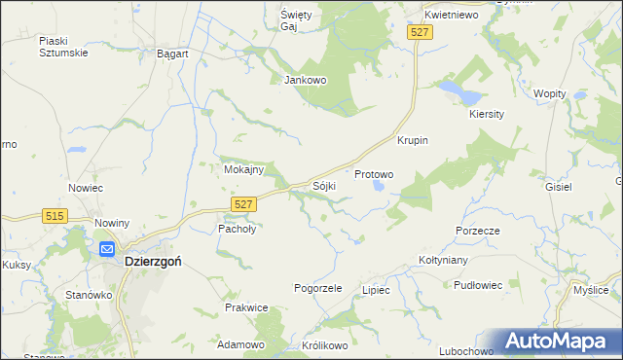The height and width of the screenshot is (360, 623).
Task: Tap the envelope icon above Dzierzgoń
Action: pos(106,249)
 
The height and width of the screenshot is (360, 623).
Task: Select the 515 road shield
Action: pos(55,215)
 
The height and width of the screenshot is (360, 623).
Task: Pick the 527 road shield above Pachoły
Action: pos(244,202)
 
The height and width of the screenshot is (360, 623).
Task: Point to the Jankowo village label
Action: pos(303,80)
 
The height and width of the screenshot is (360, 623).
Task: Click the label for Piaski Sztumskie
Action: pos(63,47)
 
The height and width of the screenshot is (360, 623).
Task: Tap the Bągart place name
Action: pos(172,54)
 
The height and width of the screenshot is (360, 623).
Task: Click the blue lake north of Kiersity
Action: pos(459,93)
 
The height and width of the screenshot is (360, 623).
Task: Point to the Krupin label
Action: pos(413,140)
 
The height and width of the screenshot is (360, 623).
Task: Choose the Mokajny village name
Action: pos(243,169)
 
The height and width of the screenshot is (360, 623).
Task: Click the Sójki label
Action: pos(324,185)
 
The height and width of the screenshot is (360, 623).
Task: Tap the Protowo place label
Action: pos(374,175)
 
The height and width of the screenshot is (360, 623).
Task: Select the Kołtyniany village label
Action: pos(444,260)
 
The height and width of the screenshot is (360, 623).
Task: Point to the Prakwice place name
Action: pos(246,307)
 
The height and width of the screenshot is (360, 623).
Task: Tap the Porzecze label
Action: pos(477,231)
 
